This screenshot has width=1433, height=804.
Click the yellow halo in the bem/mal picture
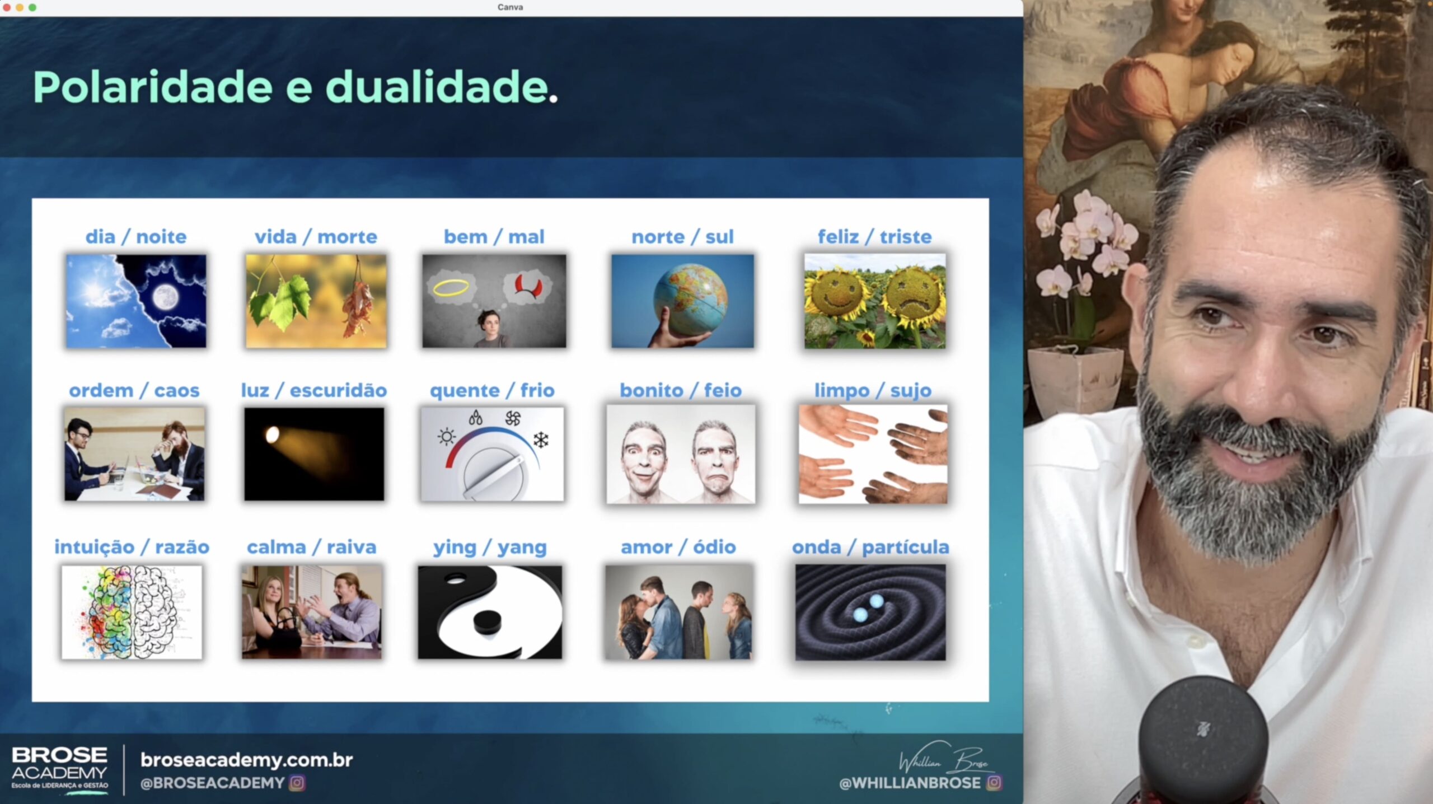[x=451, y=288]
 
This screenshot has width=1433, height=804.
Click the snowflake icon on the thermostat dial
[x=541, y=440]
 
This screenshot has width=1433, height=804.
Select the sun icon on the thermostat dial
[x=447, y=436]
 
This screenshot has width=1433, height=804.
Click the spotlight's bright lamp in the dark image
[x=272, y=434]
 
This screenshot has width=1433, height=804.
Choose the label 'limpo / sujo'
[x=873, y=390]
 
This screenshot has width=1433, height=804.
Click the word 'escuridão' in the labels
[x=338, y=390]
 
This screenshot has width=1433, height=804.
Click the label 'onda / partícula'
[x=870, y=547]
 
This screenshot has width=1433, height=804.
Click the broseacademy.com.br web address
[x=247, y=760]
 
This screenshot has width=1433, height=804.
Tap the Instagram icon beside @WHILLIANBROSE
[x=994, y=782]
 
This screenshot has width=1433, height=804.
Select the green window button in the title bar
[x=32, y=7]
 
